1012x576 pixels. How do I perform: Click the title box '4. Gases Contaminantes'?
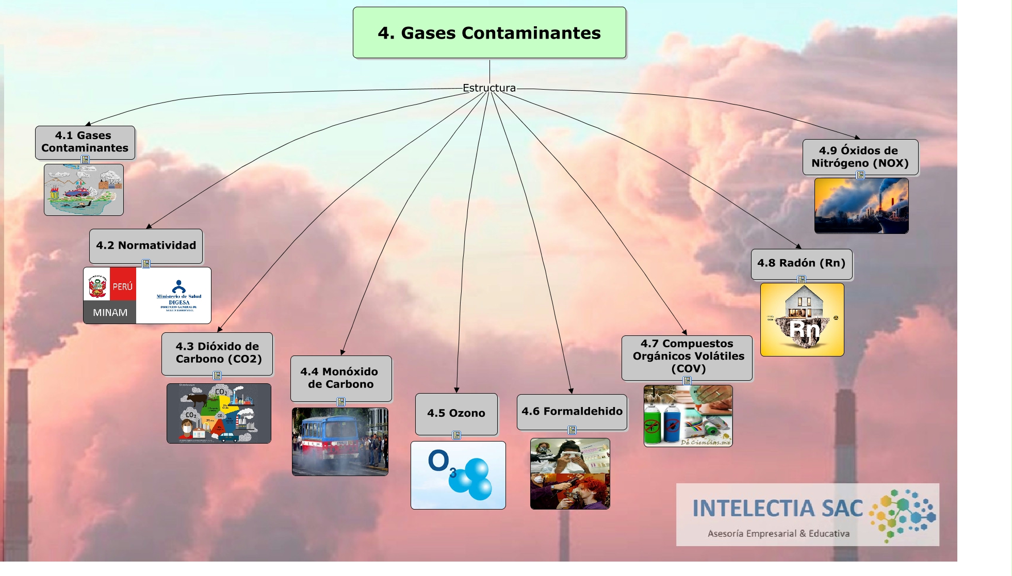(x=489, y=32)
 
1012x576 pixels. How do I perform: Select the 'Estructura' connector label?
(x=489, y=88)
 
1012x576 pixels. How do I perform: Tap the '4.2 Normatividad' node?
(x=146, y=246)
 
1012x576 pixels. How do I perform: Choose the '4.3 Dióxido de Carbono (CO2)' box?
(x=217, y=353)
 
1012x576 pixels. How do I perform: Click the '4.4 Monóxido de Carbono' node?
(x=340, y=378)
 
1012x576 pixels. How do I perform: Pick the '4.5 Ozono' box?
(x=456, y=413)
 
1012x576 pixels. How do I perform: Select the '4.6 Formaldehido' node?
(x=572, y=411)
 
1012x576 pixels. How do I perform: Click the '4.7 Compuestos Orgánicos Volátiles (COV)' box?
(x=687, y=357)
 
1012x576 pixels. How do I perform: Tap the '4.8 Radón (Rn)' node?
(x=801, y=263)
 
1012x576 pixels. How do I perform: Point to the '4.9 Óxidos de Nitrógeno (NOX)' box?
(x=860, y=157)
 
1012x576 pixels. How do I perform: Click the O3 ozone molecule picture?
(x=458, y=475)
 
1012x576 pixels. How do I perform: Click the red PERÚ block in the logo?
(x=123, y=284)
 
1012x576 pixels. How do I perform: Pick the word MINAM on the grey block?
(x=110, y=313)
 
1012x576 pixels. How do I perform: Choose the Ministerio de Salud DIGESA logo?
(x=178, y=296)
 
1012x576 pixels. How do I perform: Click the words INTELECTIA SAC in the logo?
(x=777, y=509)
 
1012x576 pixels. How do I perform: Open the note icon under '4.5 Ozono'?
(x=456, y=435)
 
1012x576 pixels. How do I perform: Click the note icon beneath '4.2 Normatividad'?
(x=146, y=264)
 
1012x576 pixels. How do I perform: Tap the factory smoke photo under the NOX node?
(x=861, y=206)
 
